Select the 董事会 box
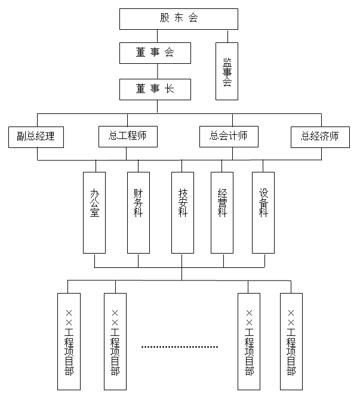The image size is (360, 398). (155, 53)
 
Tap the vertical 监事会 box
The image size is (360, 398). (227, 70)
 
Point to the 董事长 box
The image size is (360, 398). (155, 89)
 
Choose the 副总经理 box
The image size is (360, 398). (36, 137)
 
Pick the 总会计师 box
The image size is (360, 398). (229, 137)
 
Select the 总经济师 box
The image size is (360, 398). (320, 137)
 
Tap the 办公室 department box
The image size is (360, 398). (95, 211)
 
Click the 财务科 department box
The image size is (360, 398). (139, 211)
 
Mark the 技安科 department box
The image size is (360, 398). (183, 211)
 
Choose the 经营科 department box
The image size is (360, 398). (223, 211)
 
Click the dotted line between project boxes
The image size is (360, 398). (180, 347)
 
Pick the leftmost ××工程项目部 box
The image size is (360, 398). (69, 343)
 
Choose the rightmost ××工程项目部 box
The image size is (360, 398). (291, 343)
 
